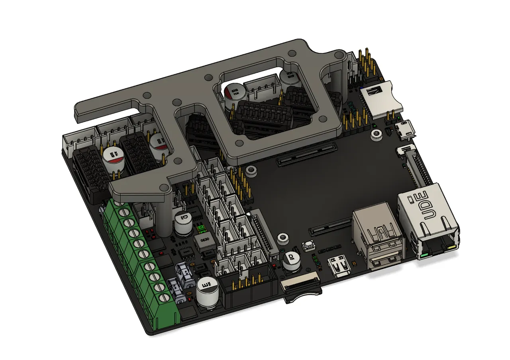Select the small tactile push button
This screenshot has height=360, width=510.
coord(307,247)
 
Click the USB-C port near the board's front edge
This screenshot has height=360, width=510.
coord(338,267)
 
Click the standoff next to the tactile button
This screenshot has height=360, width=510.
coord(282,238)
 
